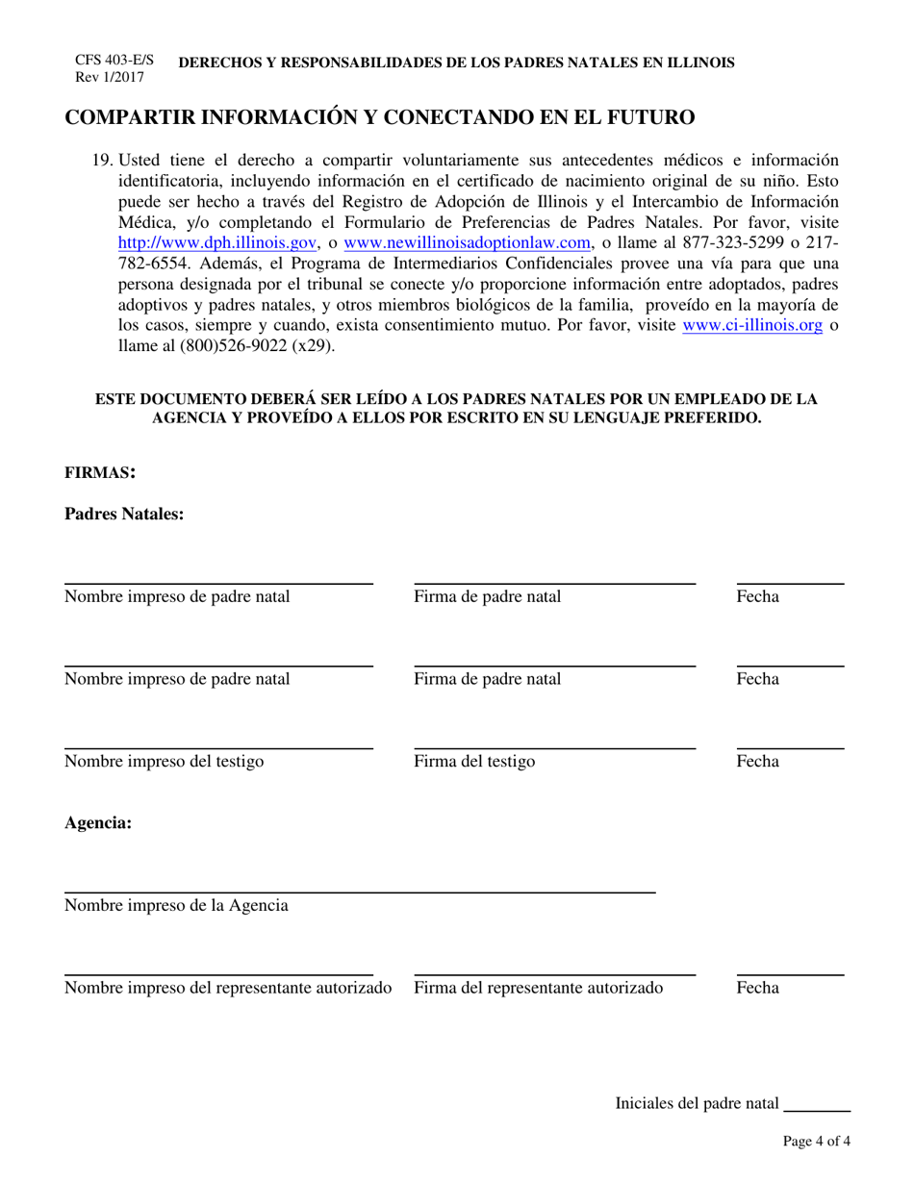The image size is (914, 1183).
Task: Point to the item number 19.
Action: [x=103, y=160]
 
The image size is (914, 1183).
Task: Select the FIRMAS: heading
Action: [x=99, y=472]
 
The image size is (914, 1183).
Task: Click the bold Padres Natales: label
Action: [x=123, y=515]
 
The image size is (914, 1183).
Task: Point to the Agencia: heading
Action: [x=97, y=823]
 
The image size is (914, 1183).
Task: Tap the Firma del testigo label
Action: [x=474, y=762]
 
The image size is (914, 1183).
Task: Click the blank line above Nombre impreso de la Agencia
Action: [x=359, y=893]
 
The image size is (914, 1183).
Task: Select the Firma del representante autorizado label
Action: [x=538, y=988]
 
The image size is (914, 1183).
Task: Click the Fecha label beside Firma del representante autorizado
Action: [x=757, y=988]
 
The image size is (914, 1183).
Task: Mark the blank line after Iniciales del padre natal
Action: [x=818, y=1111]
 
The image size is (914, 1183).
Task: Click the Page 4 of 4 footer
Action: [x=816, y=1143]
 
